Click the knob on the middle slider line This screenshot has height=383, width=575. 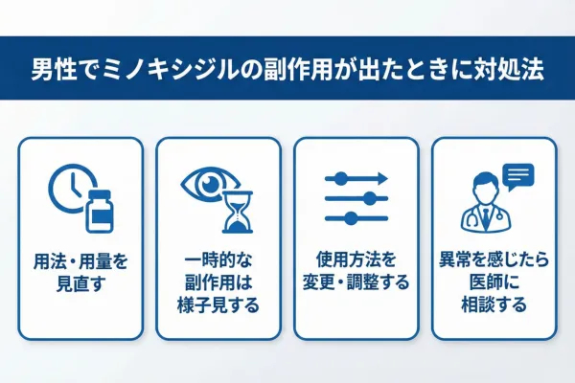coord(369,197)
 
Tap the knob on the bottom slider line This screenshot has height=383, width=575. coord(353,218)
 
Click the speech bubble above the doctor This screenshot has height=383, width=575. coord(517,176)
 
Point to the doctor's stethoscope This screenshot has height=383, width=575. coord(473,221)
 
